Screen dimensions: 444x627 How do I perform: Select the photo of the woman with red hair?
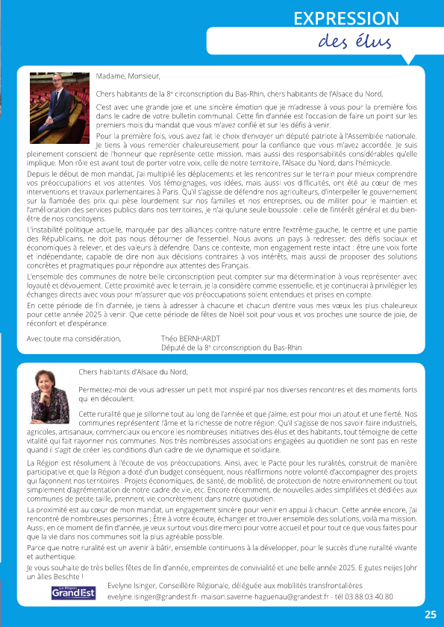click(49, 397)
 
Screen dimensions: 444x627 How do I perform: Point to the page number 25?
click(431, 615)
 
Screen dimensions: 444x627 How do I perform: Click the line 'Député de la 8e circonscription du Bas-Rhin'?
click(231, 347)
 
